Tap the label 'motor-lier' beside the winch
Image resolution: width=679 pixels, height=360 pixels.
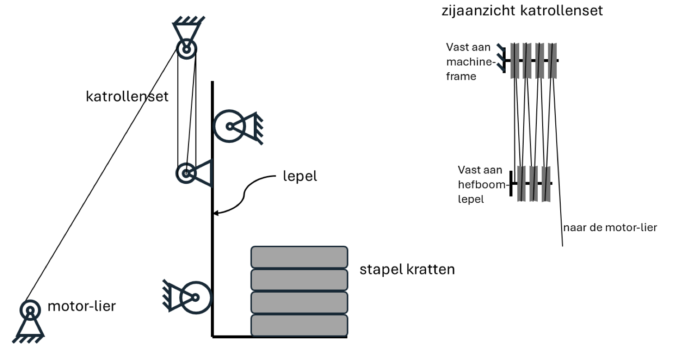[82, 306]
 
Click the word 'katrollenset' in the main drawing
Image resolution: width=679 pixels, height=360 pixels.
[127, 97]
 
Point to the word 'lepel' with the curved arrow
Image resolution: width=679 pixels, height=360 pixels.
[300, 176]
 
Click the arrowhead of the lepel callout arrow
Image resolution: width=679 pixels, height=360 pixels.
[215, 213]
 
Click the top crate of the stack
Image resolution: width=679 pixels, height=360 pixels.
[299, 257]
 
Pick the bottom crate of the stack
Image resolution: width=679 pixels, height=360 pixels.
[299, 325]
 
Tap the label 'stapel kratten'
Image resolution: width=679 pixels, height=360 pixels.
[407, 269]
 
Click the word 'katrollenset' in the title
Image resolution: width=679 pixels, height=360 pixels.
[562, 11]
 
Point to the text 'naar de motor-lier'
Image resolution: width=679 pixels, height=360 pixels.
[610, 228]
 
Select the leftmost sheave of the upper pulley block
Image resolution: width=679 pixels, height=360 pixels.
[515, 61]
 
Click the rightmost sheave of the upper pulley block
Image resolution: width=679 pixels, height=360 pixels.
[552, 61]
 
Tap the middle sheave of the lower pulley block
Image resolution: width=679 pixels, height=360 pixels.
[534, 183]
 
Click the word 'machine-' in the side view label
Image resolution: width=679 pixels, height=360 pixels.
[471, 62]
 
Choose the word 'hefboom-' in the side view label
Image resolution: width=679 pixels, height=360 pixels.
[482, 184]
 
